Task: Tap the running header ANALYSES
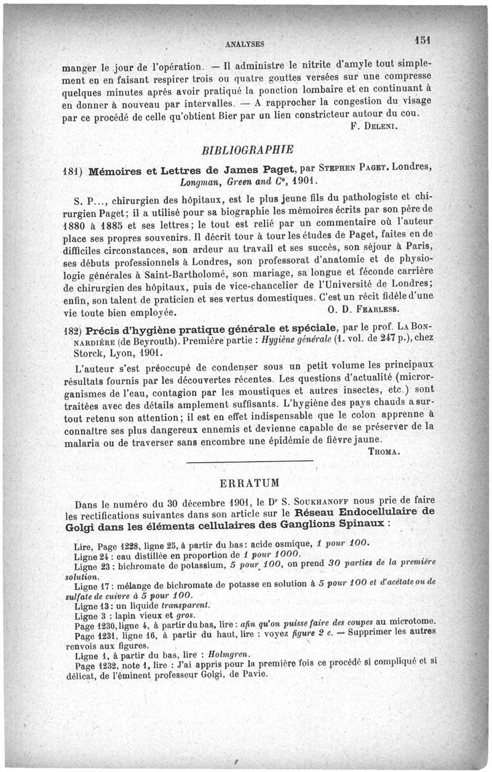(245, 44)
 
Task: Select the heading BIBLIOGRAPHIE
(248, 149)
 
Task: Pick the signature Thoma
(385, 451)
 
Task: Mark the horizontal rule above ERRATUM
(249, 461)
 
